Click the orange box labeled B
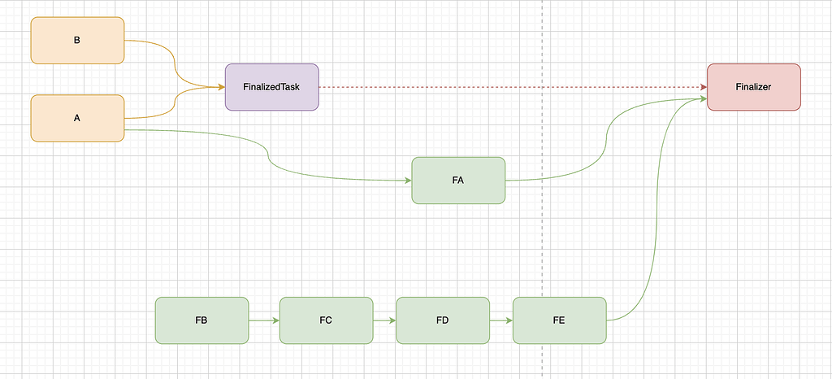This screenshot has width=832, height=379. coord(77,40)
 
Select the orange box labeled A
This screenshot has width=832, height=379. coord(77,118)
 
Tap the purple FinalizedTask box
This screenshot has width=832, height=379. coord(271,86)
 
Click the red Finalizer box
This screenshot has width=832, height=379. coord(753,86)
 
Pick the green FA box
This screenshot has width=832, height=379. coord(458,181)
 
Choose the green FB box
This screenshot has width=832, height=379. coord(201,320)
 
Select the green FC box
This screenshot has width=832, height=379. coord(326,320)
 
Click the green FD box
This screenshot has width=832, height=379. coord(443,320)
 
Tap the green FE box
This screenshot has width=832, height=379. coord(559,320)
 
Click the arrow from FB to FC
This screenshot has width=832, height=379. coord(263,320)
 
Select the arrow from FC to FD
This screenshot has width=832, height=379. coord(383,320)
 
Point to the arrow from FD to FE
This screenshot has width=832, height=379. coord(500,320)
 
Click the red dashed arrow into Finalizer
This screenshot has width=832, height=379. coord(512,87)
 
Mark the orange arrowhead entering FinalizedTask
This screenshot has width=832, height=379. coord(220,86)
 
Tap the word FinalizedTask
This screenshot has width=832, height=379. coord(271,86)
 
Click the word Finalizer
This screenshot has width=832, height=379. coord(753,86)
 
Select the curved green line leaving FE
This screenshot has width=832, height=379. coord(650,244)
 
